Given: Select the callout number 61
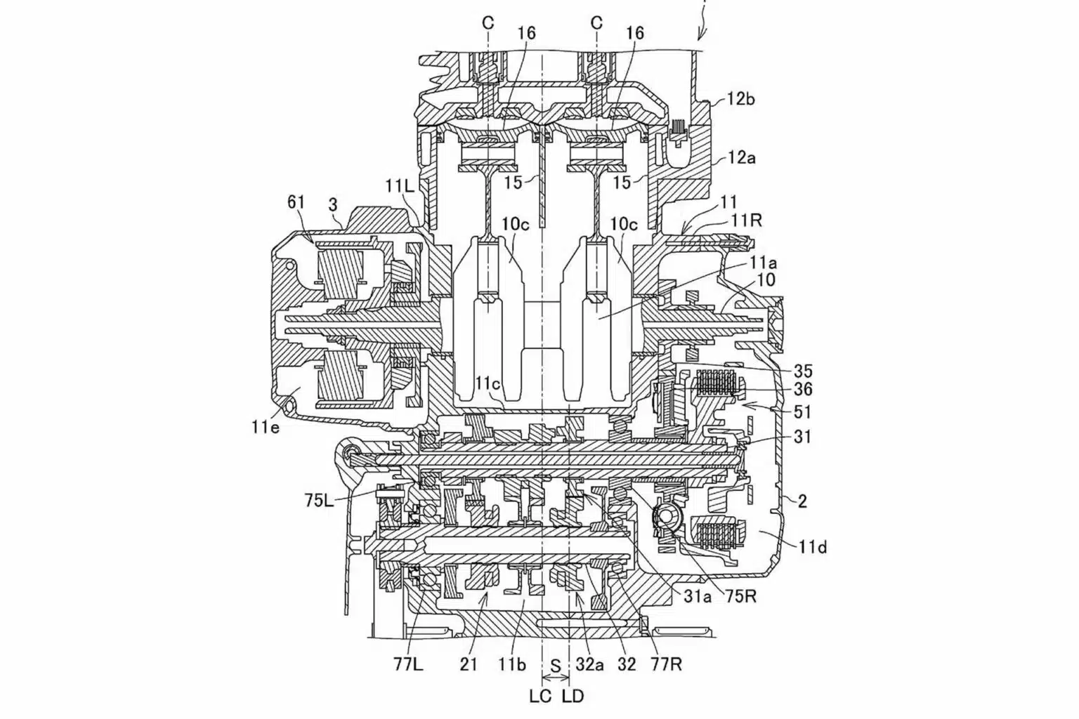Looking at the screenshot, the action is point(296,202).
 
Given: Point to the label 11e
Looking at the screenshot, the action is point(264,427).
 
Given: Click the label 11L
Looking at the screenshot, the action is point(399,186).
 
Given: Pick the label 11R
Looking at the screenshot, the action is point(747,220).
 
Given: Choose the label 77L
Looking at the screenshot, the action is point(407,665).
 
